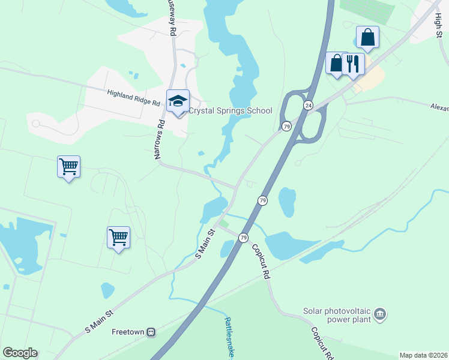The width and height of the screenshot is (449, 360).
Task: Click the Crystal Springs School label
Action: [x=231, y=110]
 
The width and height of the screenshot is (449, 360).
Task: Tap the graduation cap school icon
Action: [x=178, y=101]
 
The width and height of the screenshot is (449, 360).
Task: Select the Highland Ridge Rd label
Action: [x=133, y=98]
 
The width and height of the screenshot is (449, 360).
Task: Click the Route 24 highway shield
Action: [x=308, y=106]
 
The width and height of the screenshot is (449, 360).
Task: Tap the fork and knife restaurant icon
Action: [x=353, y=63]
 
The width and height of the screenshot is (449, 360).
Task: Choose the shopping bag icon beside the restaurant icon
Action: [x=336, y=63]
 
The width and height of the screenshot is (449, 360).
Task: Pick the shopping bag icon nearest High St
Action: [x=367, y=37]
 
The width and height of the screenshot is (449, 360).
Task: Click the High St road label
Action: [x=438, y=25]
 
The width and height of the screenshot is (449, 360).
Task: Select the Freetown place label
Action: [x=128, y=331]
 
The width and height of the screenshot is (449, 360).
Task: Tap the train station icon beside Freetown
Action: [x=152, y=331]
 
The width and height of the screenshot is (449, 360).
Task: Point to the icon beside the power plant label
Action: [x=379, y=314]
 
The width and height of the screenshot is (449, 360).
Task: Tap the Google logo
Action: [x=20, y=352]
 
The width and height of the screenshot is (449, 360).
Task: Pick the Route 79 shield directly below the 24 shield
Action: [x=287, y=126]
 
